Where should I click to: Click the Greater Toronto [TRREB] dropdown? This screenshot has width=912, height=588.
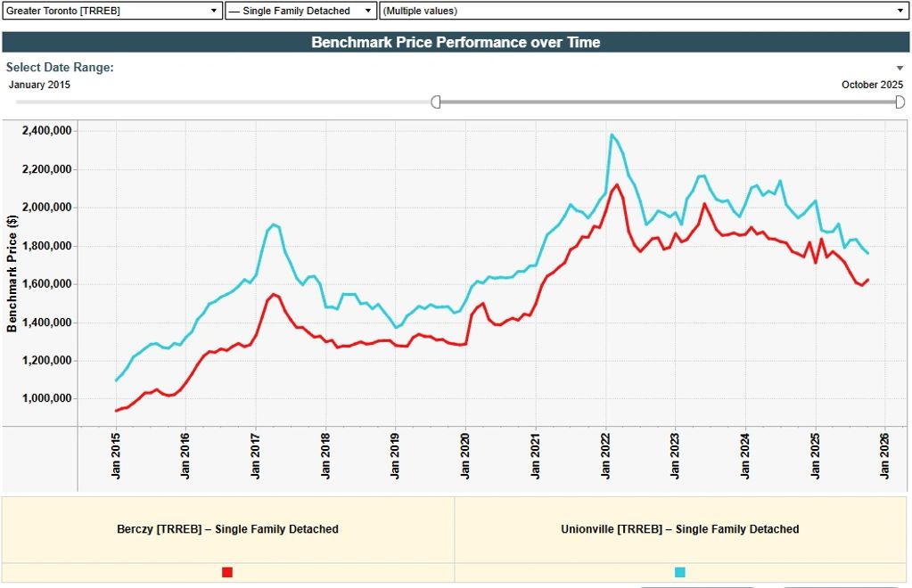(x=112, y=11)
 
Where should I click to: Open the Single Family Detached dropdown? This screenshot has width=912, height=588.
(x=300, y=11)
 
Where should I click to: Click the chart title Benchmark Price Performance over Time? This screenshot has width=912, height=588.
(x=456, y=42)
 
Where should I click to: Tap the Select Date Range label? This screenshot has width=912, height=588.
(x=60, y=67)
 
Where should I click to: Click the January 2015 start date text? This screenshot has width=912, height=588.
(x=38, y=85)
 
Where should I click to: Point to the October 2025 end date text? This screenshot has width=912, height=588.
(x=872, y=85)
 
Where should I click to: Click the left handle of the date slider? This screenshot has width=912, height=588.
(x=436, y=102)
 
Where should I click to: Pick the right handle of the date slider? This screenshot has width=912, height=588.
(x=900, y=102)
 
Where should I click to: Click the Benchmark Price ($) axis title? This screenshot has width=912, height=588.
(x=12, y=273)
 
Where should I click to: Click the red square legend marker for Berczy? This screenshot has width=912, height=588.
(x=227, y=572)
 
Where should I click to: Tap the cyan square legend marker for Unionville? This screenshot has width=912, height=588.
(x=680, y=572)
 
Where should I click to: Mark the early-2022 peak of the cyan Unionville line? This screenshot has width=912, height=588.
(x=612, y=135)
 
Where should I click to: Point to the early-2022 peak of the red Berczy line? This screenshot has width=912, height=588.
(x=617, y=184)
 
